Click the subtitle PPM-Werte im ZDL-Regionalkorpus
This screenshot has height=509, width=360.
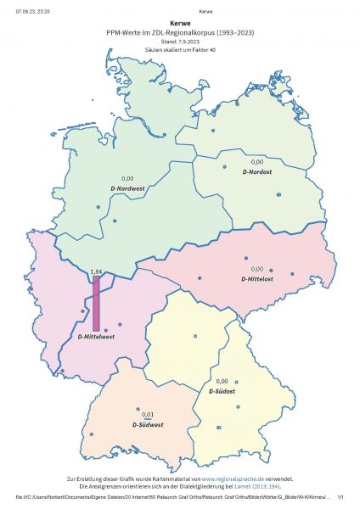pos(180,33)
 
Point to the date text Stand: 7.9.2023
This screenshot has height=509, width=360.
pos(179,42)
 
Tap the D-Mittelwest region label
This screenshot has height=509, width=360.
pos(96,336)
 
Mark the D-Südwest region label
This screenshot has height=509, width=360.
pos(148,423)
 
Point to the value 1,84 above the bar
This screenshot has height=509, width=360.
pos(96,271)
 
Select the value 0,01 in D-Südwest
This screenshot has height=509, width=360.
pos(148,414)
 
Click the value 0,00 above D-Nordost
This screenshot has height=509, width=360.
pos(257,160)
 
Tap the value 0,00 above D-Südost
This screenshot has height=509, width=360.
pos(222,381)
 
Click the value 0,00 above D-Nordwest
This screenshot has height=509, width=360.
pos(128,177)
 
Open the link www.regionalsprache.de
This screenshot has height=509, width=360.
pos(232,479)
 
